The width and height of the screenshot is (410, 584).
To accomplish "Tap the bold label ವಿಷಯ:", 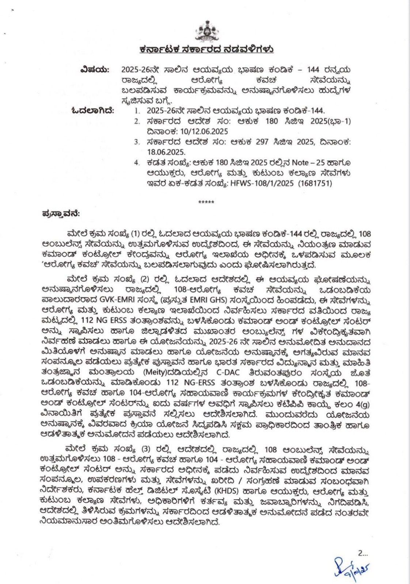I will [x=94, y=69].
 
